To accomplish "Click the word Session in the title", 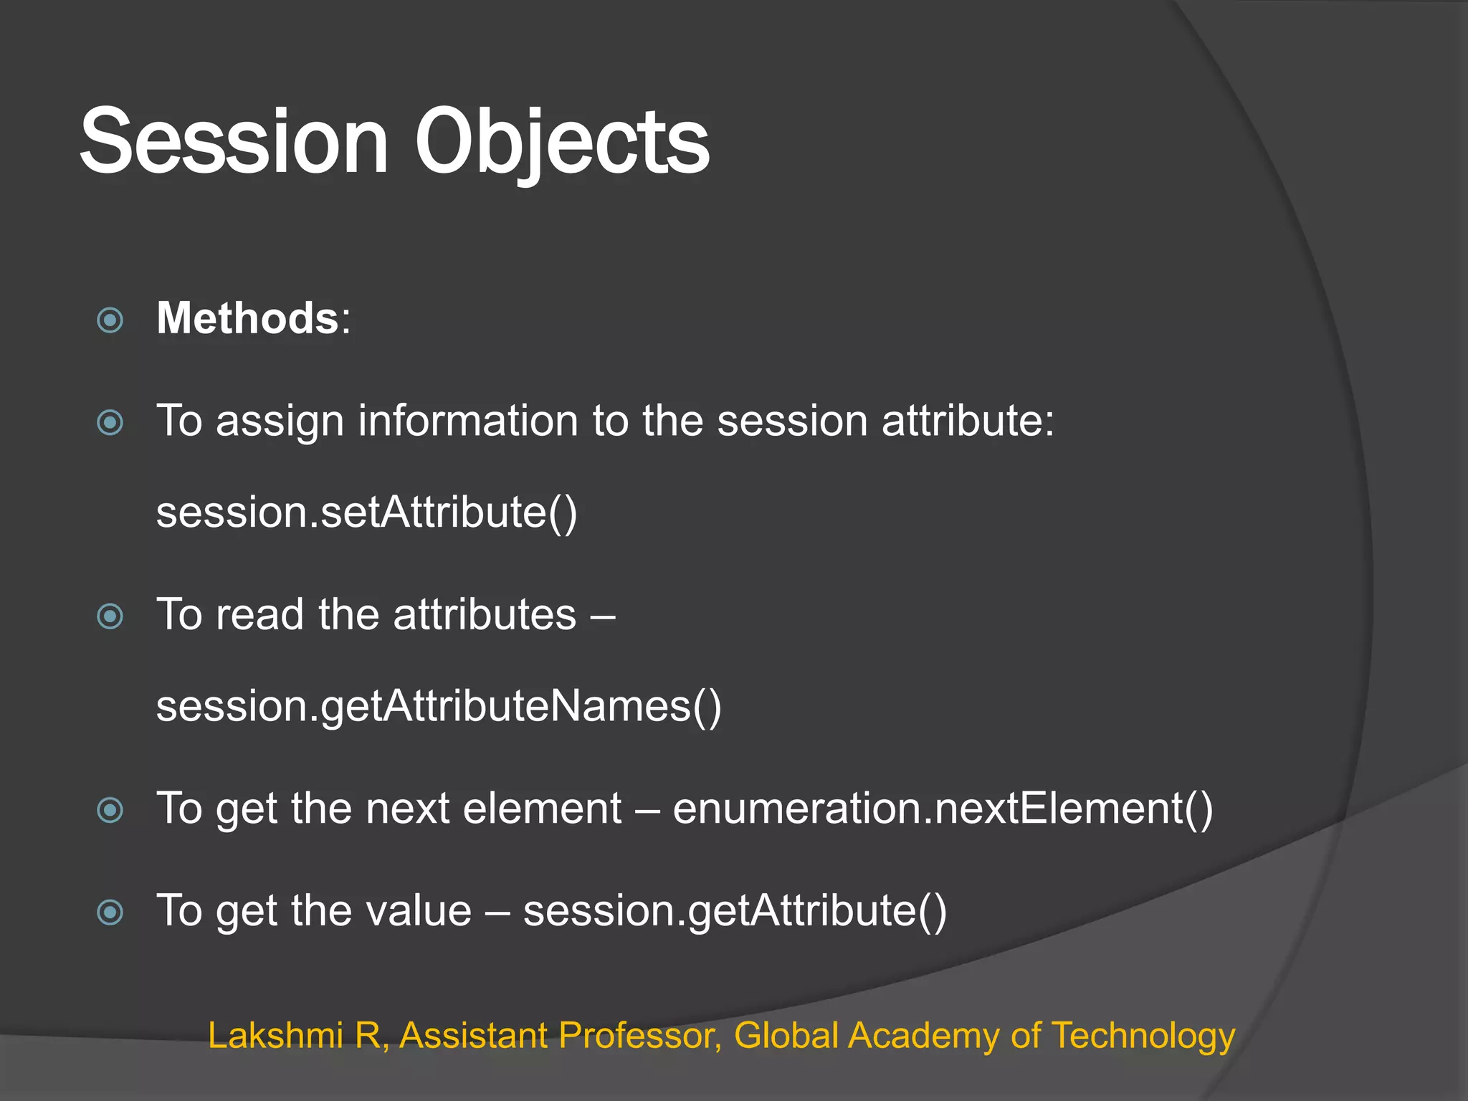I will coord(234,141).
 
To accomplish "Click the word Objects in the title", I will coord(562,141).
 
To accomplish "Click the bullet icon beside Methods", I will coord(110,320).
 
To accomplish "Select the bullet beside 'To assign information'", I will coord(110,422).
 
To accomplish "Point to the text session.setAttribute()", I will coord(366,513).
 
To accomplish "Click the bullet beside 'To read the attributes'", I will coord(110,616).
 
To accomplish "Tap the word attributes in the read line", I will coord(485,614).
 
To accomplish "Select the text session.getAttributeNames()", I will coord(439,706).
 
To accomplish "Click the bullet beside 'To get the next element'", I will coord(110,810).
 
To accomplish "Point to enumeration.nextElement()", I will coord(943,809).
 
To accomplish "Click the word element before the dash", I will coord(543,809).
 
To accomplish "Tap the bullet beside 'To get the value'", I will coord(110,912).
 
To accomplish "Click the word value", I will coord(419,911).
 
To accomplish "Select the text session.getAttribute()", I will coord(735,911).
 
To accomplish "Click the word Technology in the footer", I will coord(1143,1035).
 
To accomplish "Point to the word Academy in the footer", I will coord(924,1035).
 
